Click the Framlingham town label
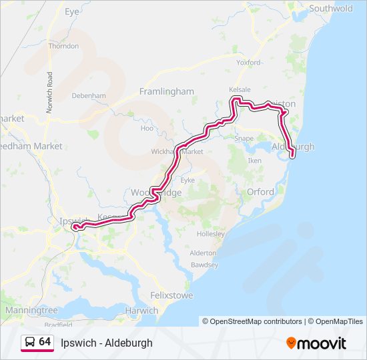pyautogui.click(x=166, y=91)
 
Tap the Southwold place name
pyautogui.click(x=330, y=9)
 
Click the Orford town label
pyautogui.click(x=260, y=192)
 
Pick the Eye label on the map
pyautogui.click(x=72, y=12)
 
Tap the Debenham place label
pyautogui.click(x=89, y=96)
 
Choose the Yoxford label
pyautogui.click(x=248, y=62)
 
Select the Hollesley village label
pyautogui.click(x=211, y=234)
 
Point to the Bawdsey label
pyautogui.click(x=204, y=265)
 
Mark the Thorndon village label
pyautogui.click(x=64, y=46)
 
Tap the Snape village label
pyautogui.click(x=245, y=139)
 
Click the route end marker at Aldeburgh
pyautogui.click(x=292, y=156)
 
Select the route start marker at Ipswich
pyautogui.click(x=75, y=227)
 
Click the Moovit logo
pyautogui.click(x=316, y=343)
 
